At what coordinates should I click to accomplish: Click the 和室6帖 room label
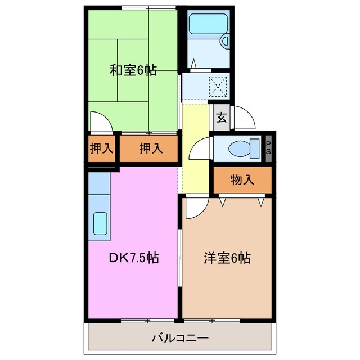pyautogui.click(x=133, y=71)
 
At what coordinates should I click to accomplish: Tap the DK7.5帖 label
pyautogui.click(x=133, y=258)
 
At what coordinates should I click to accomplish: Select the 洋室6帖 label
pyautogui.click(x=227, y=258)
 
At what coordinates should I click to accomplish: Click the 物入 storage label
pyautogui.click(x=242, y=180)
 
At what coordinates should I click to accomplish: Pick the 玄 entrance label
pyautogui.click(x=222, y=118)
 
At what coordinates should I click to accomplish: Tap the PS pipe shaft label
pyautogui.click(x=269, y=148)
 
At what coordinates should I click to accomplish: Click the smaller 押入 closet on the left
pyautogui.click(x=102, y=149)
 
